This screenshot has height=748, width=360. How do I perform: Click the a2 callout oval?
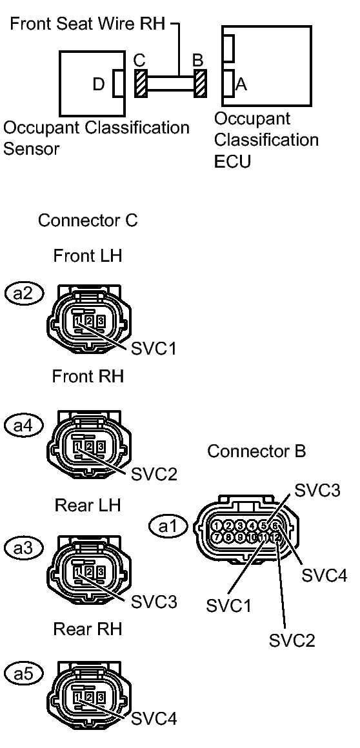pos(23,293)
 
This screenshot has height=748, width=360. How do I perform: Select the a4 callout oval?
pos(23,424)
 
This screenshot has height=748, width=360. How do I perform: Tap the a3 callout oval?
pos(23,549)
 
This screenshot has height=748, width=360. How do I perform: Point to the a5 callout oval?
pos(23,673)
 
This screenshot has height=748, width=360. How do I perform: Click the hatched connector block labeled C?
pos(141,84)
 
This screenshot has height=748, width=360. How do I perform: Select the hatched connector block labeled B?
pos(200,84)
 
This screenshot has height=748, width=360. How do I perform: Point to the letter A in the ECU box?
pos(242,84)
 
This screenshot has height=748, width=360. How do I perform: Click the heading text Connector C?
pos(88,221)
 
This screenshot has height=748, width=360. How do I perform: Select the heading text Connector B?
pos(257,452)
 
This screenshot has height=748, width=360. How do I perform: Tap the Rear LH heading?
pos(87,504)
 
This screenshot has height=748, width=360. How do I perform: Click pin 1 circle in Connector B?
pos(218,526)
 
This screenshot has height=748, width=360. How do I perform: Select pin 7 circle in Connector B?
pos(218,536)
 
